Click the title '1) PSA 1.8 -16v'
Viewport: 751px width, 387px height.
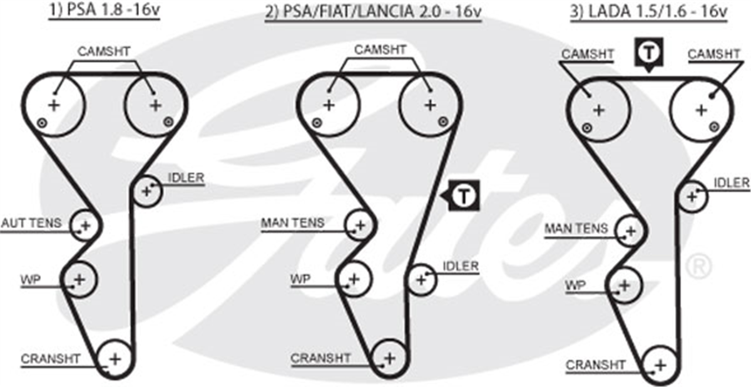(x=105, y=10)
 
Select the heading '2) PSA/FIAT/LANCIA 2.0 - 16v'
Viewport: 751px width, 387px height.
(x=373, y=11)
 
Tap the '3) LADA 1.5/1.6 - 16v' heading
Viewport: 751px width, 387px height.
(x=649, y=11)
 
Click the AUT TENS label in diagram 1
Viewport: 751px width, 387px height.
(x=31, y=223)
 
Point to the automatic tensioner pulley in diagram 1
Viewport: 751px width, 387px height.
(x=86, y=225)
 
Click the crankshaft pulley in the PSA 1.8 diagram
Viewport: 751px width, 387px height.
(x=115, y=359)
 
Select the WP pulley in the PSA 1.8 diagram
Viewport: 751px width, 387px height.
(x=79, y=279)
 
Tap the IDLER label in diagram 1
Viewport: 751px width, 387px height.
(x=186, y=178)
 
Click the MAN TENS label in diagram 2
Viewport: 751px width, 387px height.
(x=293, y=223)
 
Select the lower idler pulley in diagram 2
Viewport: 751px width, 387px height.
(x=421, y=279)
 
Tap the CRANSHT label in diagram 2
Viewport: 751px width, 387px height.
(x=320, y=358)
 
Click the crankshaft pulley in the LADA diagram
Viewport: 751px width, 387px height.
(x=660, y=365)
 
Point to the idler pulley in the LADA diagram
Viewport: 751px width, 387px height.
(x=692, y=196)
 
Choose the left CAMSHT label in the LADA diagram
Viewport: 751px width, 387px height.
(x=588, y=54)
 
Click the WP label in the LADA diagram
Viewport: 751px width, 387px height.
(x=575, y=286)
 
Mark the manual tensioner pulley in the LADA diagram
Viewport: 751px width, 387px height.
(x=631, y=230)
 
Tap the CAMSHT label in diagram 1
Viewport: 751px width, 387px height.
(x=104, y=51)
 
